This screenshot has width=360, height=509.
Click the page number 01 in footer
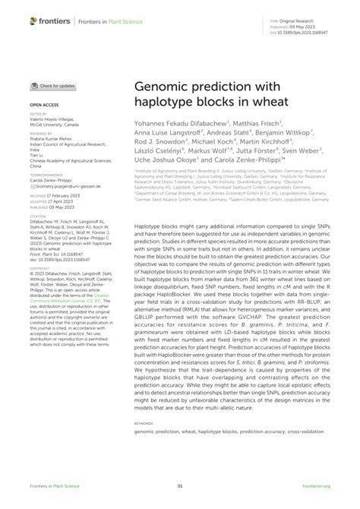point(180,486)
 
